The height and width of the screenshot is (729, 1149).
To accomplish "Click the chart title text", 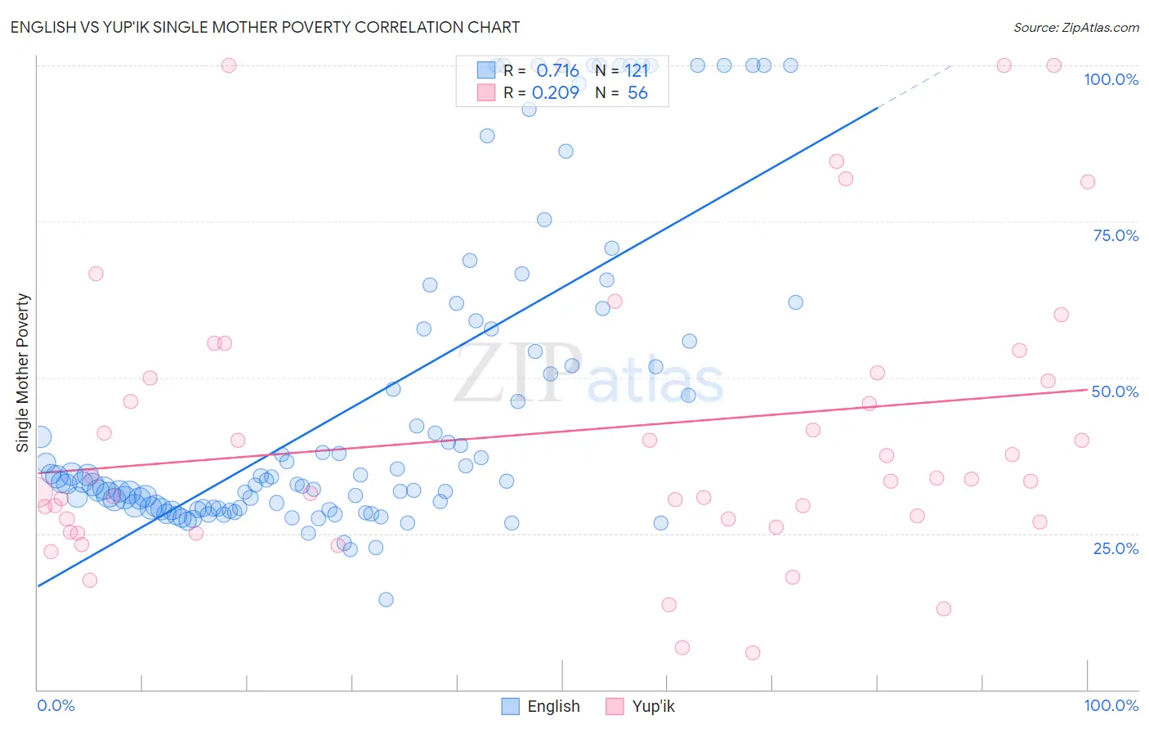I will pos(265,27).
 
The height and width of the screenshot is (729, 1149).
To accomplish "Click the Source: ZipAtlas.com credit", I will pos(1075,28).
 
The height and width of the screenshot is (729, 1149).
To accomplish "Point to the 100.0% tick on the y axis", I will pos(1111,79).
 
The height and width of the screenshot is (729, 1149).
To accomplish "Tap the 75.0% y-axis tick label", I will pos(1115,235).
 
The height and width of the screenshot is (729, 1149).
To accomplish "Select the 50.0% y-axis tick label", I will pos(1115,391).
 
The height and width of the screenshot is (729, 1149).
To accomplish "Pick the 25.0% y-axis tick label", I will pos(1115,548).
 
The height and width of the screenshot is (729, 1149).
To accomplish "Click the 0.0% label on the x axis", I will pos(56,705).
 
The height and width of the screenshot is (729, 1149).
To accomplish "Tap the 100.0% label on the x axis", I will pos(1111,705).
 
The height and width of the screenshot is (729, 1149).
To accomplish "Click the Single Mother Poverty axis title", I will pos(22,373).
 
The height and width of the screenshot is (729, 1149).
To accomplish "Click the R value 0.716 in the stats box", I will pos(557,71).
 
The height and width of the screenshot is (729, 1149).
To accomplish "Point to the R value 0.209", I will pos(556,93).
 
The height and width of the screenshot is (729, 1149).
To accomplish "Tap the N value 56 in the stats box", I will pos(637,93).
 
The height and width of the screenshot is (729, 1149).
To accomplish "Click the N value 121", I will pos(637,71).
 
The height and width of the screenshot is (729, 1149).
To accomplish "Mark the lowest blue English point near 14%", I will pos(386,600).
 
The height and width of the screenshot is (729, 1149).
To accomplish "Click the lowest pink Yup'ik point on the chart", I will pos(753,652).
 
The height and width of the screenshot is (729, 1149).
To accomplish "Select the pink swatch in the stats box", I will pos(486,92).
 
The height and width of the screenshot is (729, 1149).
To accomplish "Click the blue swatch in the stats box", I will pos(486,70).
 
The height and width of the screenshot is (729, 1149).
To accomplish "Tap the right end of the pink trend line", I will pos(1086,390).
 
